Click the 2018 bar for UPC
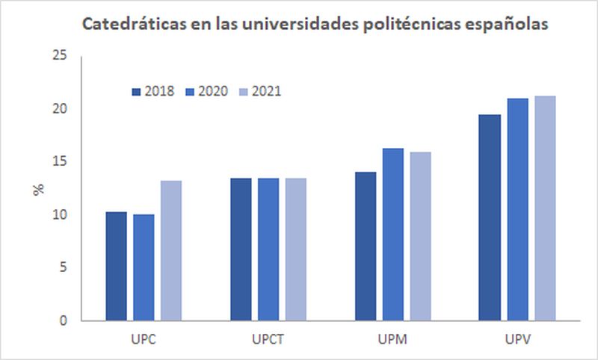116,266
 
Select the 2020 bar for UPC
144,267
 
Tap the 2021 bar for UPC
170,250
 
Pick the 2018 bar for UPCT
241,249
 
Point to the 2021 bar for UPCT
295,249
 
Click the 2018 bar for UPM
366,246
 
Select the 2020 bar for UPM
392,235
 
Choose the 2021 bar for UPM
420,236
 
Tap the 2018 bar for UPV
490,217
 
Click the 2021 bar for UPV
545,208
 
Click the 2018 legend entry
153,91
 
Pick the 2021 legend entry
258,91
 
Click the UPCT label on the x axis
268,340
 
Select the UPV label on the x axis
517,340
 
